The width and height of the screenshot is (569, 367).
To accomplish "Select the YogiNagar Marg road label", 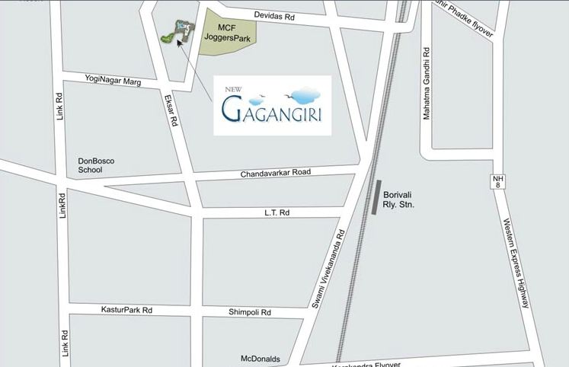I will click(113, 80).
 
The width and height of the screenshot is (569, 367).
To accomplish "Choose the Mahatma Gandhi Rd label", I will click(427, 84).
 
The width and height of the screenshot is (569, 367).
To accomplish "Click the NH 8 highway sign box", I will click(495, 182).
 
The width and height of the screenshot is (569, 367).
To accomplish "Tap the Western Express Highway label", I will click(516, 263).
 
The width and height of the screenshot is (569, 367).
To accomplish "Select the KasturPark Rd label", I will click(126, 310).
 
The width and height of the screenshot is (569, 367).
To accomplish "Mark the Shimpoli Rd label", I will click(254, 313).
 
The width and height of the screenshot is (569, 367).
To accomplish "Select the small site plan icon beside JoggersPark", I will click(177, 30).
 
